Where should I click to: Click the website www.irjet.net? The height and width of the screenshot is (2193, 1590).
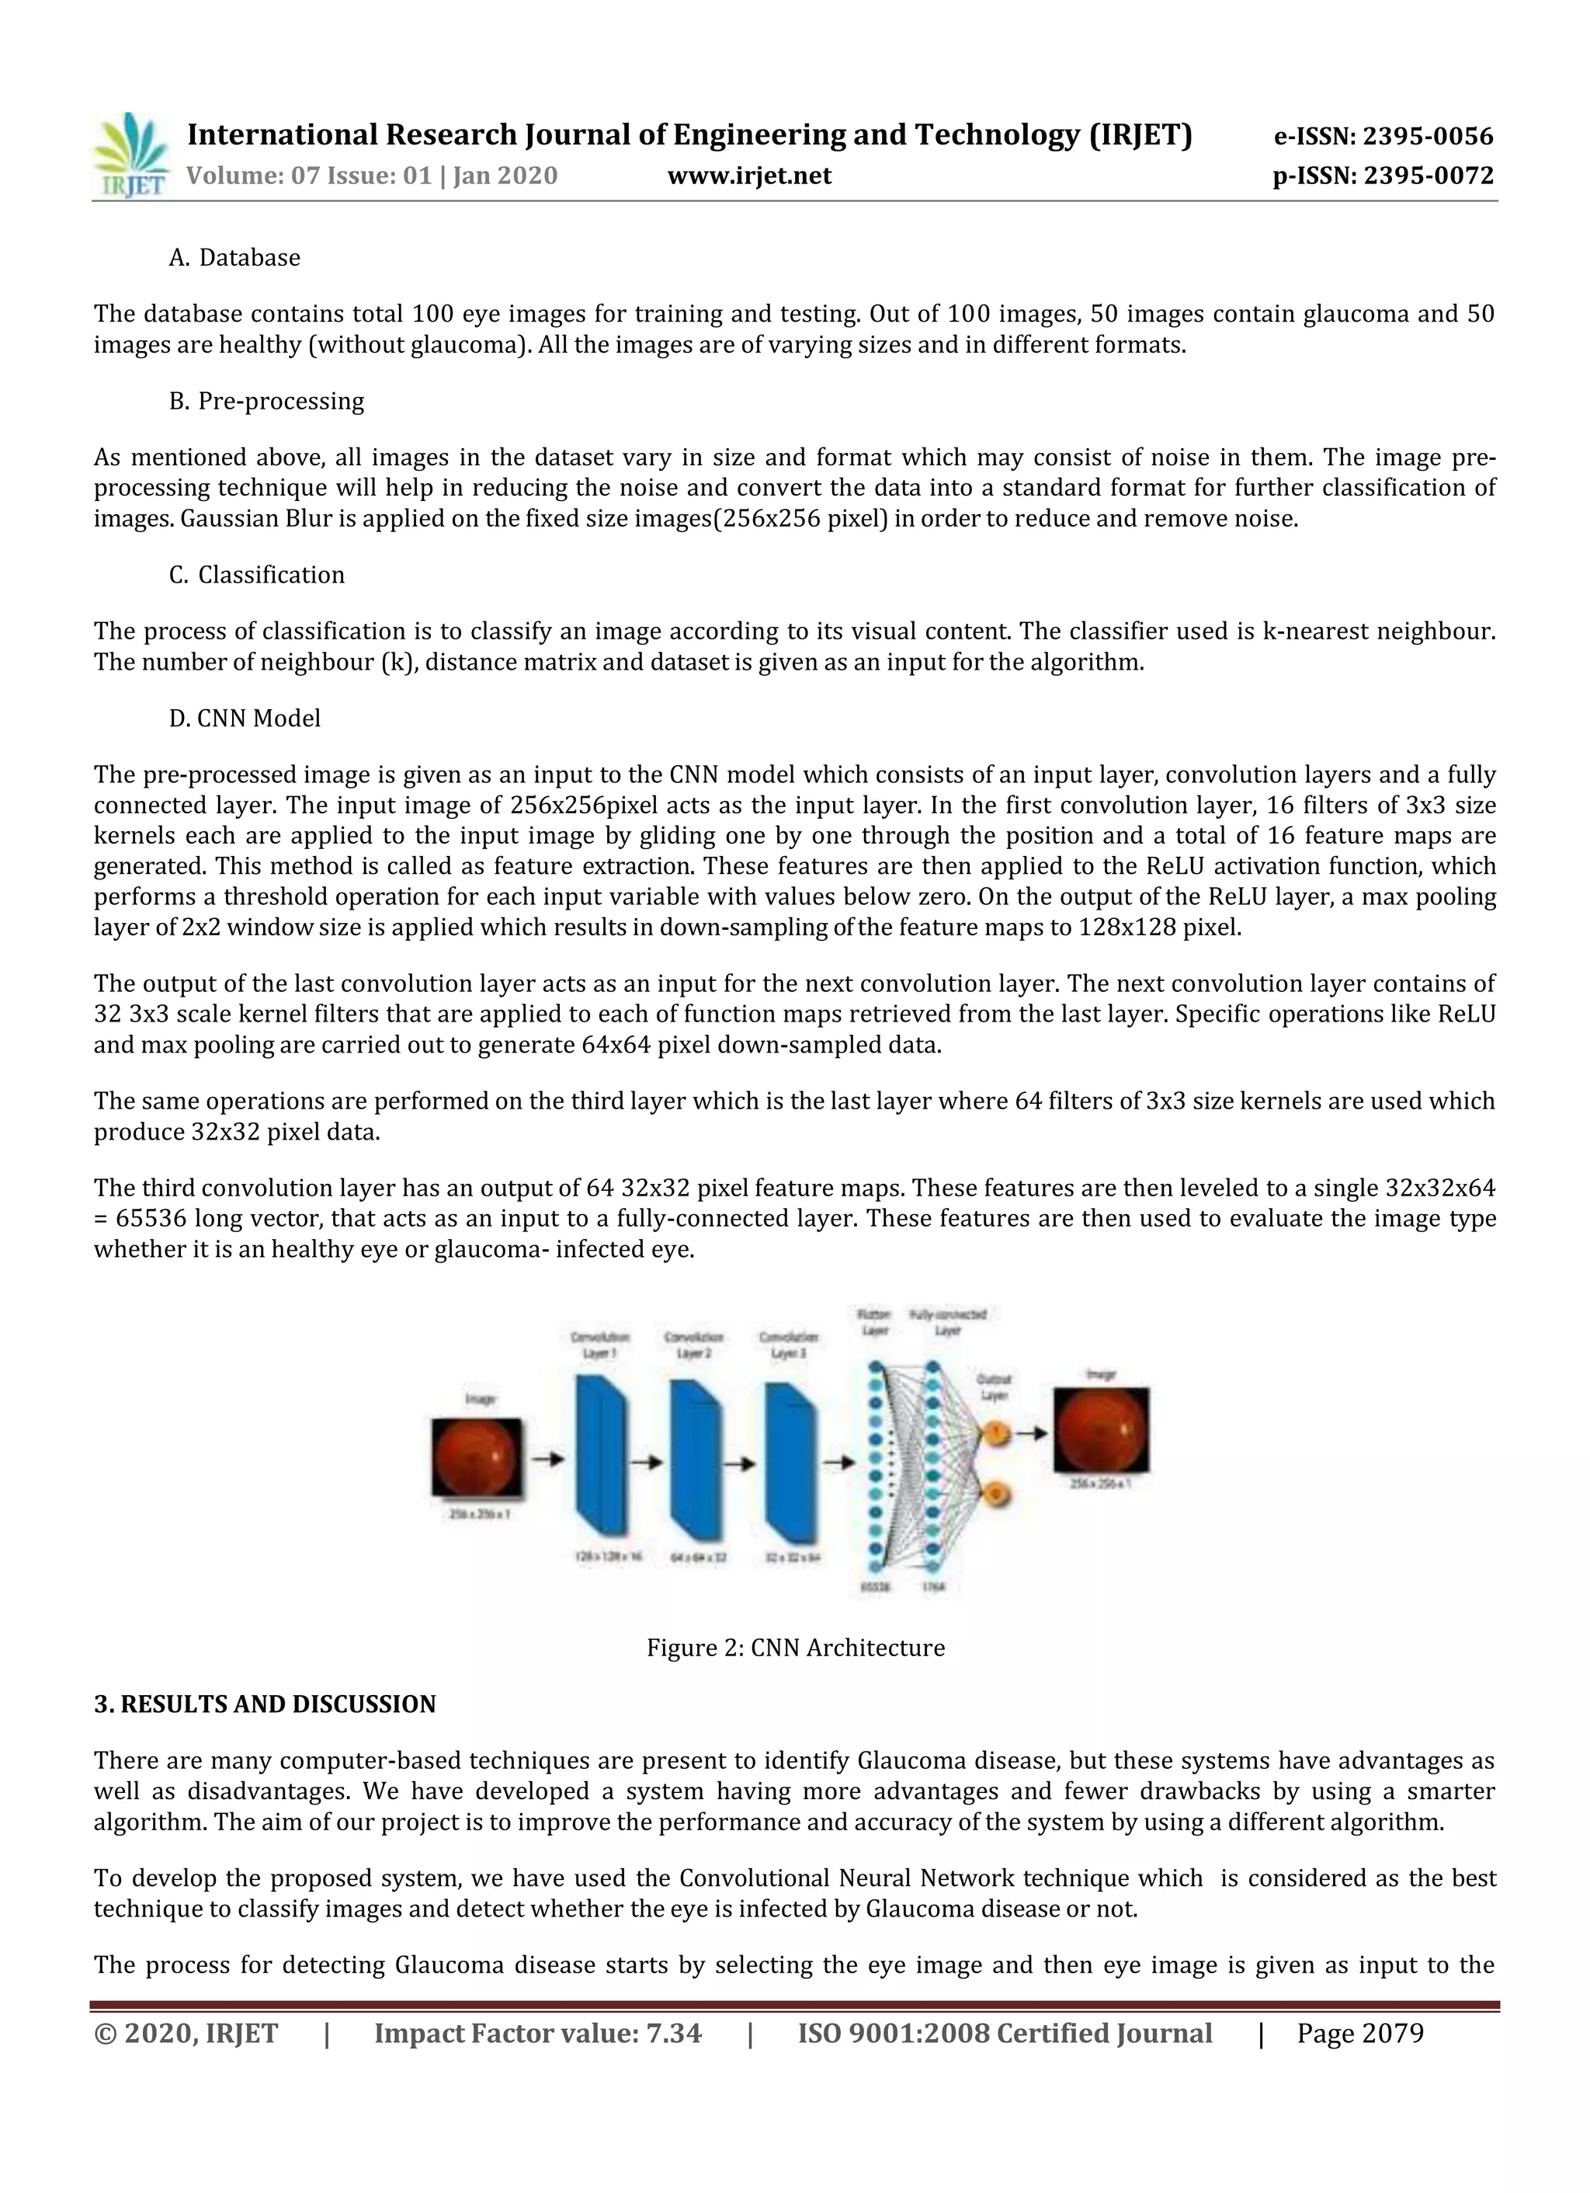[x=749, y=176]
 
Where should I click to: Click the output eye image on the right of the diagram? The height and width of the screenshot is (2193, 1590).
[x=1101, y=1430]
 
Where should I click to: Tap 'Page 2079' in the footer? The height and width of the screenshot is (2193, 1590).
[x=1360, y=2034]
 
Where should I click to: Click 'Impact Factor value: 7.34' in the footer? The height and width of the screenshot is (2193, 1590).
[x=537, y=2034]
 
